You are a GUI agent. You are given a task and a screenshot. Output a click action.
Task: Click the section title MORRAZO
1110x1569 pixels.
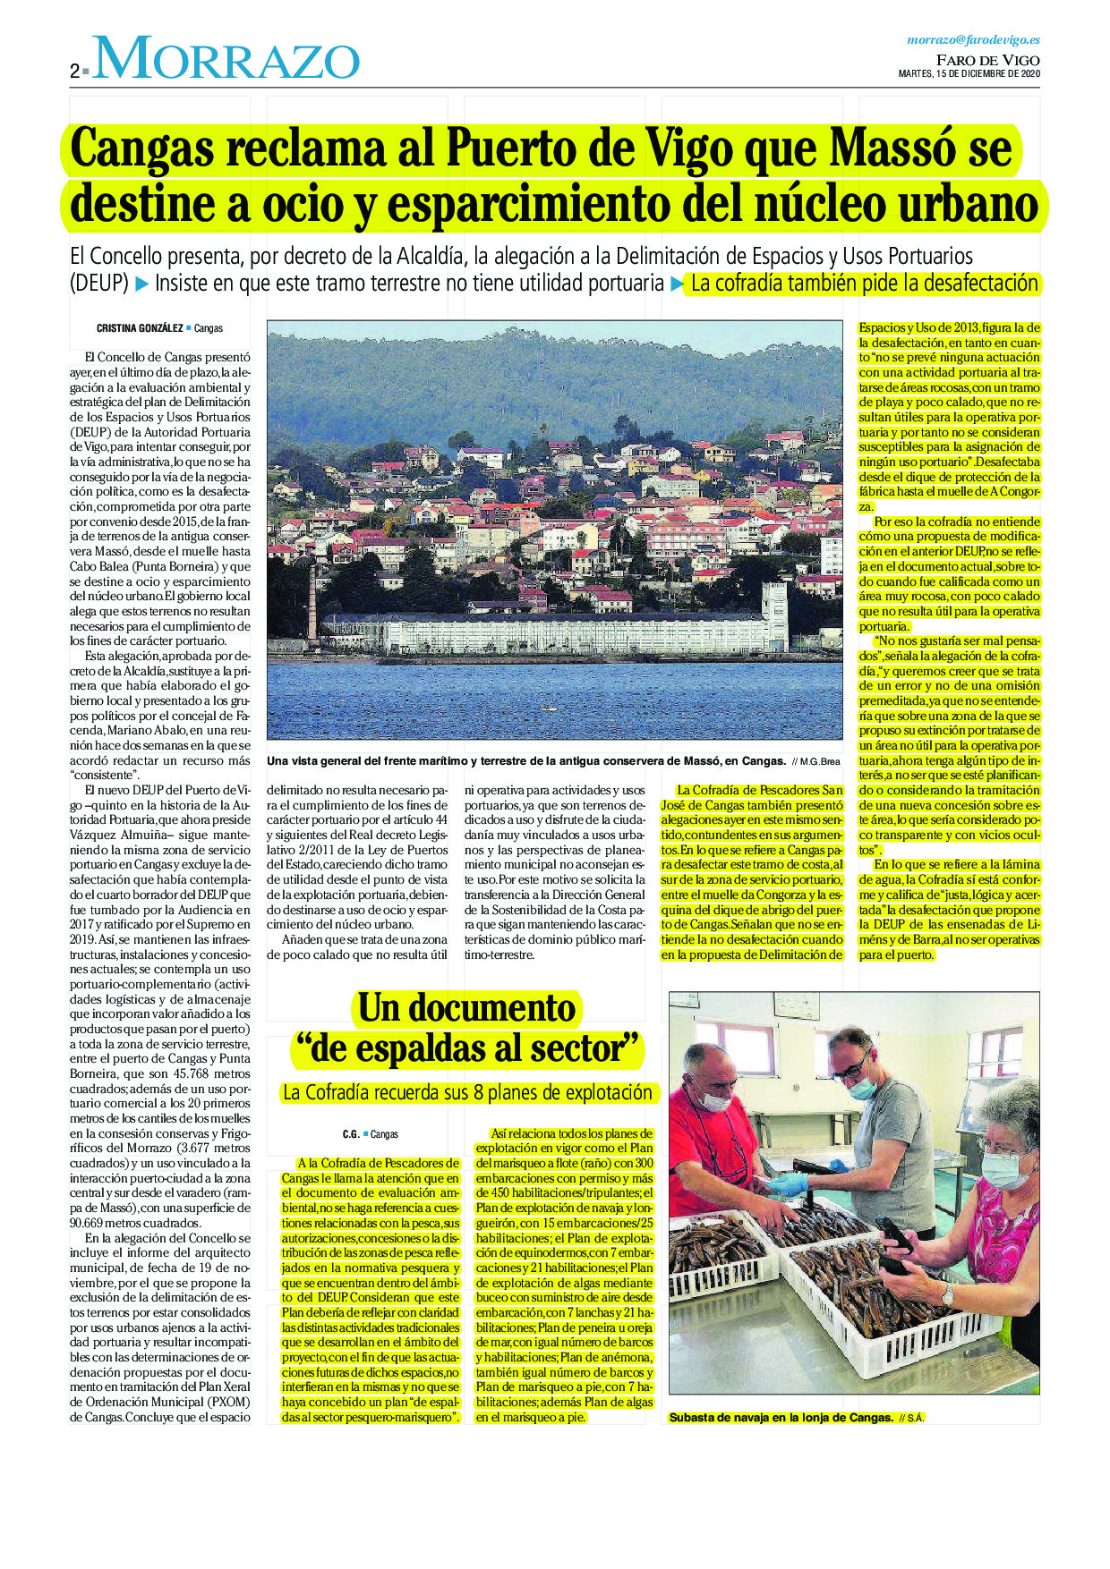(x=226, y=60)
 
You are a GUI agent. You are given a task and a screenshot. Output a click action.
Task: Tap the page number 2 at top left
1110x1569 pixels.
(x=74, y=72)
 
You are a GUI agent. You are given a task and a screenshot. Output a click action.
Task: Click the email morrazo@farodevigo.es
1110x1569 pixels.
(x=973, y=39)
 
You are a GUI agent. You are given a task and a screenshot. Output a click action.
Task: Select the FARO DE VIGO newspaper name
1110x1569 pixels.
(x=987, y=60)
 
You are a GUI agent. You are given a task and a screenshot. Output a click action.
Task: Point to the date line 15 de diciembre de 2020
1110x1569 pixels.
(x=969, y=74)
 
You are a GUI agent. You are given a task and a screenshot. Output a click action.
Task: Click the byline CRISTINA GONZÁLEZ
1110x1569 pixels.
(x=140, y=328)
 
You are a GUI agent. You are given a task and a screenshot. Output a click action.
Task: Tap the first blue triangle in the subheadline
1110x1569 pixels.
(x=142, y=284)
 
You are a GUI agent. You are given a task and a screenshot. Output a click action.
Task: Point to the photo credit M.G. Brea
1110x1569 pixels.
(x=820, y=761)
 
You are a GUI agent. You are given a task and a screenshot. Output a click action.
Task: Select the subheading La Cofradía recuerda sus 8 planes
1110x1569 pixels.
(x=466, y=1092)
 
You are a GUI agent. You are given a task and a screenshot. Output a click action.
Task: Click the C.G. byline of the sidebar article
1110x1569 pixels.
(x=350, y=1134)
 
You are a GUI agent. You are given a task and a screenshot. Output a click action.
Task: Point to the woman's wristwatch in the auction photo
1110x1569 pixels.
(x=947, y=1293)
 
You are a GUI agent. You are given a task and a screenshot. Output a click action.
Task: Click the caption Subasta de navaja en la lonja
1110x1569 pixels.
(x=781, y=1418)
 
